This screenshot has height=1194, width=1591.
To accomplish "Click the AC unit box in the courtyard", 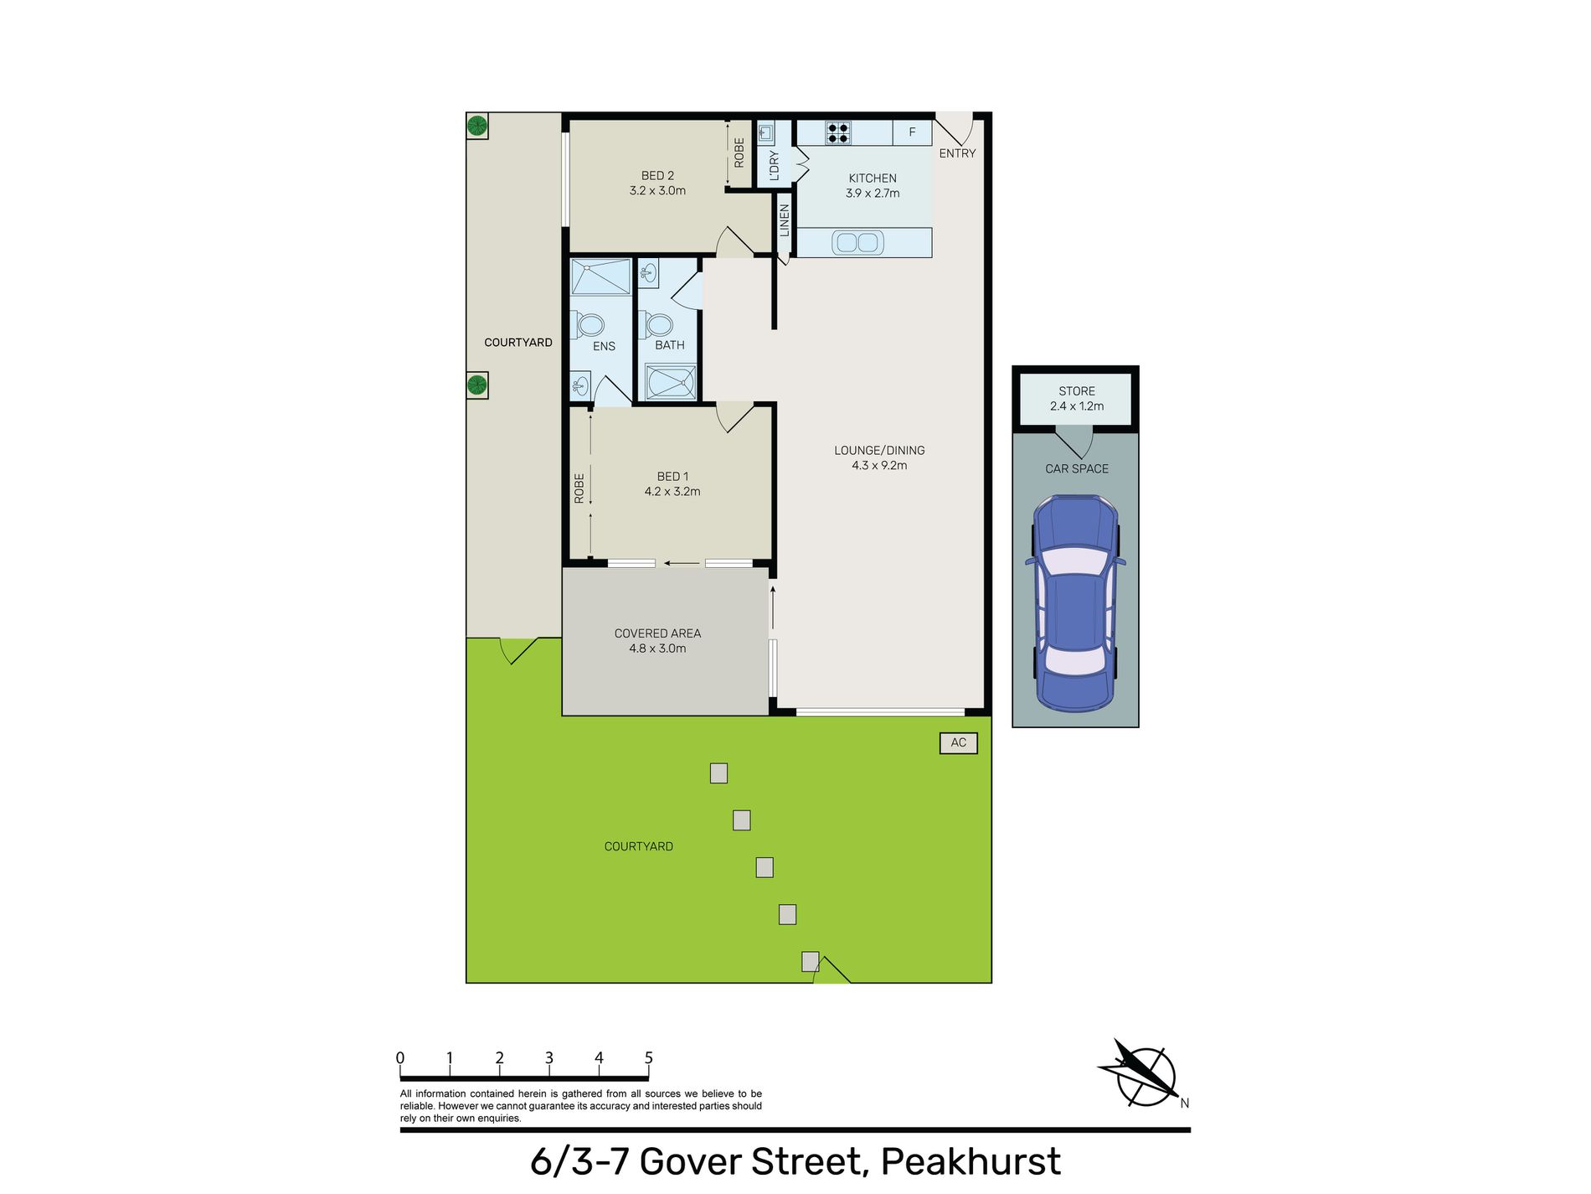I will pyautogui.click(x=958, y=742).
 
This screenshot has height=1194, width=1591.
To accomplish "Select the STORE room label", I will pyautogui.click(x=1076, y=391).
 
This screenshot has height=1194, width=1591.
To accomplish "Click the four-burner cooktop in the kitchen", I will pyautogui.click(x=837, y=132).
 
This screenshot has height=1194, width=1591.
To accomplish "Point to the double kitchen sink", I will pyautogui.click(x=857, y=243).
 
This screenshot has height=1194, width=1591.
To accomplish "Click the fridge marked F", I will pyautogui.click(x=912, y=132).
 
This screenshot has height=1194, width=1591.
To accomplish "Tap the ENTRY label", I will pyautogui.click(x=957, y=153).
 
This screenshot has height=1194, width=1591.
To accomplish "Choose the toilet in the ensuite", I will pyautogui.click(x=589, y=324).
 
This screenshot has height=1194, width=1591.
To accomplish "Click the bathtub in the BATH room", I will pyautogui.click(x=670, y=383).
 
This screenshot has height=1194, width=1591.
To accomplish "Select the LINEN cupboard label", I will pyautogui.click(x=785, y=220).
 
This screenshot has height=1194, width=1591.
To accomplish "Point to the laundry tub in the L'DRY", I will pyautogui.click(x=765, y=132).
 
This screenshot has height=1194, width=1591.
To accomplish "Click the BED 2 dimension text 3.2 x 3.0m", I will pyautogui.click(x=657, y=191).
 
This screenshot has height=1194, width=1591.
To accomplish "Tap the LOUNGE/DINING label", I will pyautogui.click(x=879, y=450).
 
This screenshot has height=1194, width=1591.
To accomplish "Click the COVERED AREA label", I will pyautogui.click(x=657, y=633).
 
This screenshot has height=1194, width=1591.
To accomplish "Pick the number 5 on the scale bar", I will pyautogui.click(x=648, y=1058).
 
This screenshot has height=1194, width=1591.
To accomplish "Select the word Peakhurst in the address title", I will pyautogui.click(x=971, y=1161).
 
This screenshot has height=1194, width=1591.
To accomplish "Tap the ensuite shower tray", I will pyautogui.click(x=600, y=277).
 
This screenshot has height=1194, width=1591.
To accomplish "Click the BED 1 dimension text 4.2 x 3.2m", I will pyautogui.click(x=672, y=492).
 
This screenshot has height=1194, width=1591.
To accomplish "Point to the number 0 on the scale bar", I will pyautogui.click(x=400, y=1058).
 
